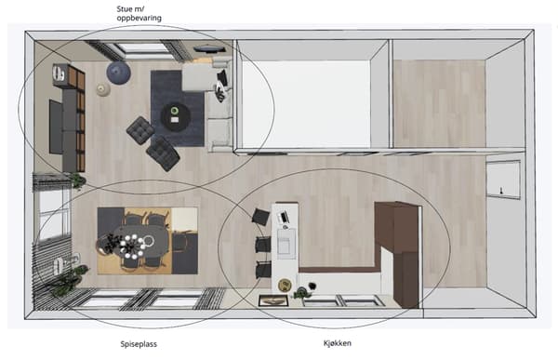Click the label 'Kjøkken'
337,343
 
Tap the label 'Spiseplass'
139,344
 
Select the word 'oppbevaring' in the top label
139,18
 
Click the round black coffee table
175,116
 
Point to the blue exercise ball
118,73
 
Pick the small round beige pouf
103,89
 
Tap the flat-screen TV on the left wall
56,127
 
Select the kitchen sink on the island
286,244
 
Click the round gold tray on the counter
285,285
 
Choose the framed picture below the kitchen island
273,300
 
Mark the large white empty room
306,103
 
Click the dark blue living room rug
177,109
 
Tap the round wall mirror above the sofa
209,49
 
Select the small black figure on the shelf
502,190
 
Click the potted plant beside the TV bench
77,180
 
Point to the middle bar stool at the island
262,245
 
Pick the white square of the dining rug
184,220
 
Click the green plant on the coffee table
174,111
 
